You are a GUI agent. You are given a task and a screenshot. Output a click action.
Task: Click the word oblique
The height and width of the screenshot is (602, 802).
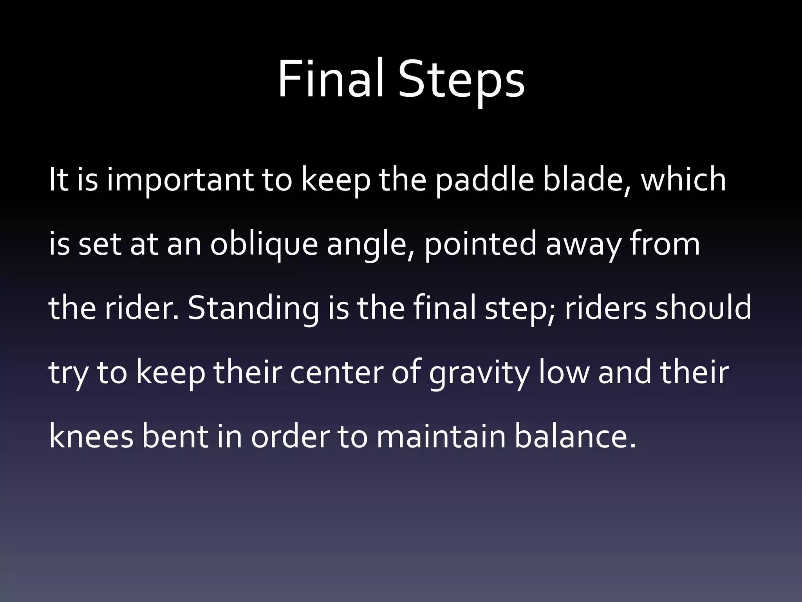click(x=264, y=245)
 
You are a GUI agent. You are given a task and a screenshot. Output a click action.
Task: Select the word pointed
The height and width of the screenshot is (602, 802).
click(x=480, y=244)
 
